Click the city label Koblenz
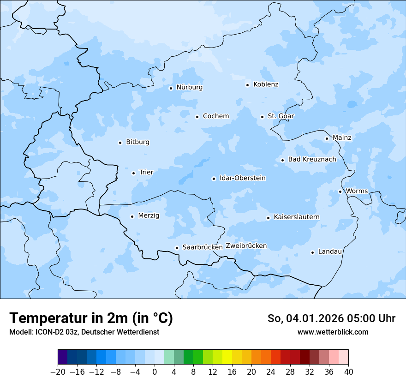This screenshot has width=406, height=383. click(266, 84)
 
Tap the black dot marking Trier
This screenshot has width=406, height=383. click(134, 173)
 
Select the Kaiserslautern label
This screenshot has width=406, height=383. click(296, 217)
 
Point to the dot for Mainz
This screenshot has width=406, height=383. click(327, 138)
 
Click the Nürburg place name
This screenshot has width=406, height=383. click(189, 87)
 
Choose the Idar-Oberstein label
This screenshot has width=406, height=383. click(242, 178)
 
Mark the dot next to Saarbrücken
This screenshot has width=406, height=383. click(177, 248)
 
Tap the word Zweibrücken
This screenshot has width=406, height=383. click(246, 246)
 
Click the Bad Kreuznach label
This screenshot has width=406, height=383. click(312, 159)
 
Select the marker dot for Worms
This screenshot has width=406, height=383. click(340, 191)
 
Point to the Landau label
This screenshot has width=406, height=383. click(330, 251)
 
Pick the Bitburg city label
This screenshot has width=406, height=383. click(137, 142)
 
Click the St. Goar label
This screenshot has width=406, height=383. click(281, 116)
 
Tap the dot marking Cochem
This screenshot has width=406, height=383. click(197, 117)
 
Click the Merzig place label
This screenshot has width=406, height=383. click(149, 215)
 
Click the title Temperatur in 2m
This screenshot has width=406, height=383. click(91, 318)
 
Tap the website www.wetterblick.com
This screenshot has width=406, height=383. click(333, 332)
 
